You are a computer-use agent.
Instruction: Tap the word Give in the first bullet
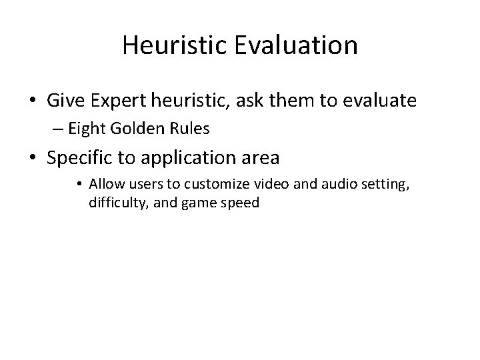click(65, 101)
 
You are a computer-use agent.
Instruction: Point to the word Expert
click(116, 101)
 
